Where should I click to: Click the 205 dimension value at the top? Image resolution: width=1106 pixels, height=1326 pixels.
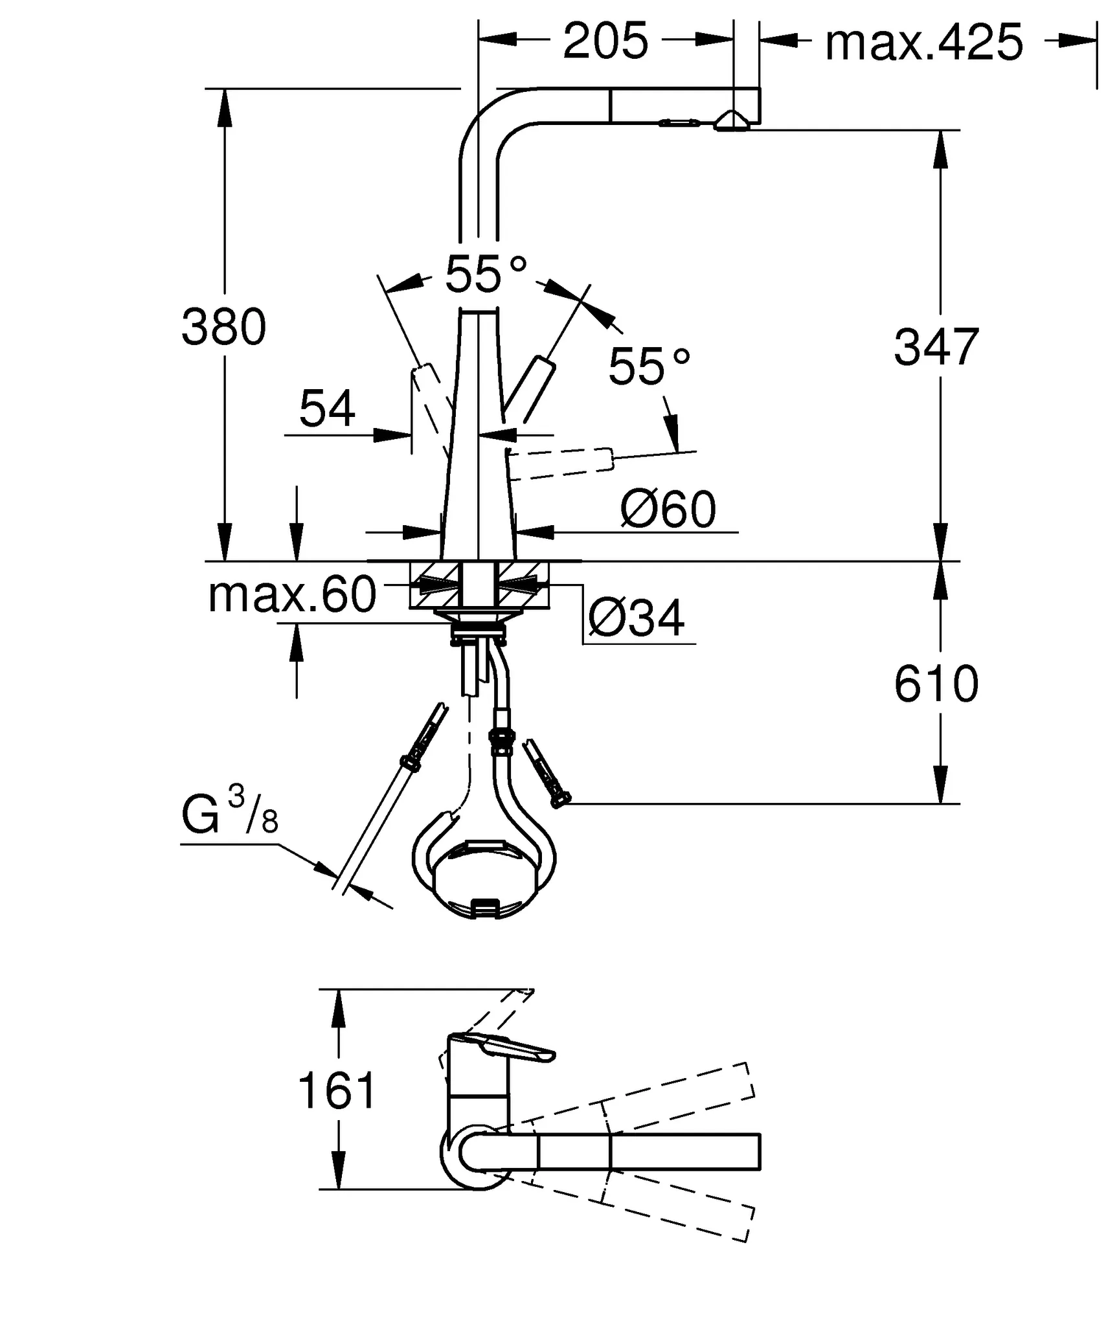pos(605,41)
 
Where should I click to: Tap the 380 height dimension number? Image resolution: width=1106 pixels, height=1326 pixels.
pos(223,327)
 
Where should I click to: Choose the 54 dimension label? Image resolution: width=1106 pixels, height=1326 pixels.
pos(327,409)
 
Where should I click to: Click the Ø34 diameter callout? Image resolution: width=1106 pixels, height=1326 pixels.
pos(636,618)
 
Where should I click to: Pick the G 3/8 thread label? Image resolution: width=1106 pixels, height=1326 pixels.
pos(229,813)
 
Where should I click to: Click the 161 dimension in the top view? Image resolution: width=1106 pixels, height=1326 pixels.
pos(336,1090)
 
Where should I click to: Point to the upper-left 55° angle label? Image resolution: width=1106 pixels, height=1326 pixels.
pos(486,275)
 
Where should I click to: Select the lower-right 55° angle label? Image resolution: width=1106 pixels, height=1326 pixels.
pos(649,366)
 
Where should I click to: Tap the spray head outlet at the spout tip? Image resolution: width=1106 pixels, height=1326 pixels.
pos(732,122)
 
